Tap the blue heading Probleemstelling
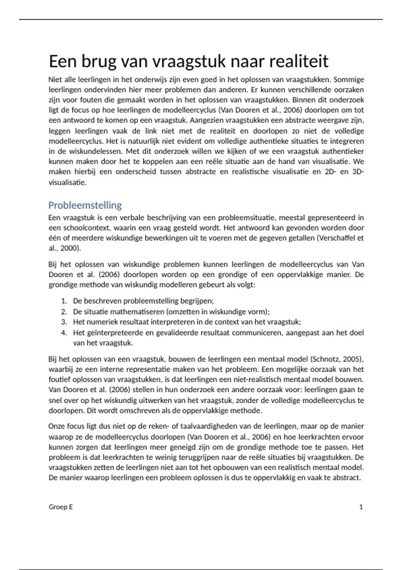pos(85,205)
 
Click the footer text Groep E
pos(61,507)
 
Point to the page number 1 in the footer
pos(361,507)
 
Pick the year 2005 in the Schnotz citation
pos(353,359)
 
